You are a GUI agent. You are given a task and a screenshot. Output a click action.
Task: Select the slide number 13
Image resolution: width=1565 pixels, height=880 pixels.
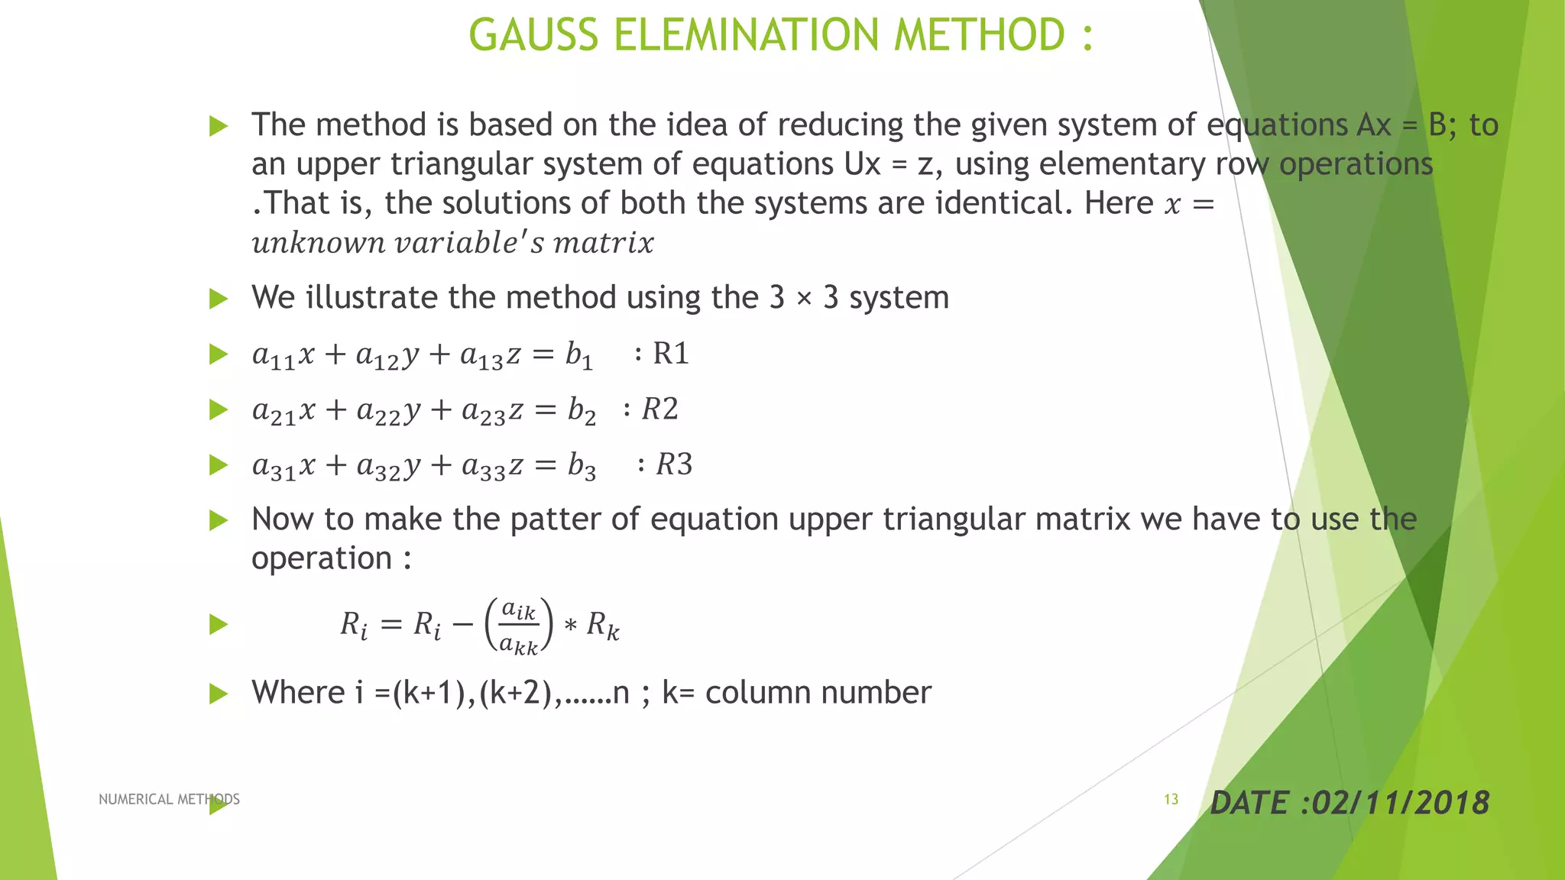pyautogui.click(x=1171, y=799)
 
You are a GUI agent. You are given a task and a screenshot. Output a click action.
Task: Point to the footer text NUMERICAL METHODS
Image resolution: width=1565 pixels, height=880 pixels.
pyautogui.click(x=169, y=799)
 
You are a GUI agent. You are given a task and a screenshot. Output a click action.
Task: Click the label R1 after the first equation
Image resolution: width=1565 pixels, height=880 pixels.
pyautogui.click(x=670, y=354)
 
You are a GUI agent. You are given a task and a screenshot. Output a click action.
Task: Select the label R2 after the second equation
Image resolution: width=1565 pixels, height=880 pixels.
pyautogui.click(x=659, y=409)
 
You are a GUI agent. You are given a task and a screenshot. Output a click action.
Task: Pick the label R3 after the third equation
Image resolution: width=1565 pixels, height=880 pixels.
pyautogui.click(x=674, y=464)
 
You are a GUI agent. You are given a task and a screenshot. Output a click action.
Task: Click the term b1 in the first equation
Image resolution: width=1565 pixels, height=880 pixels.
pyautogui.click(x=578, y=355)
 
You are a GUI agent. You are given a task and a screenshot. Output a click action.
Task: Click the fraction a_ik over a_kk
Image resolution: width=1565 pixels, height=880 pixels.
pyautogui.click(x=519, y=626)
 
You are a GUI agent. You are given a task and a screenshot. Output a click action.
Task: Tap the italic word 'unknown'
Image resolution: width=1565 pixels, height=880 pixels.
pyautogui.click(x=319, y=243)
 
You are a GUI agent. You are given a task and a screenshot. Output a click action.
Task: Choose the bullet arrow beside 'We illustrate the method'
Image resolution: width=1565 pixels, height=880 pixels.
pyautogui.click(x=219, y=298)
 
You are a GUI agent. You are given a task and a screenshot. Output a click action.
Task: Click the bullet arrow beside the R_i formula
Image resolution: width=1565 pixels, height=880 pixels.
pyautogui.click(x=219, y=625)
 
